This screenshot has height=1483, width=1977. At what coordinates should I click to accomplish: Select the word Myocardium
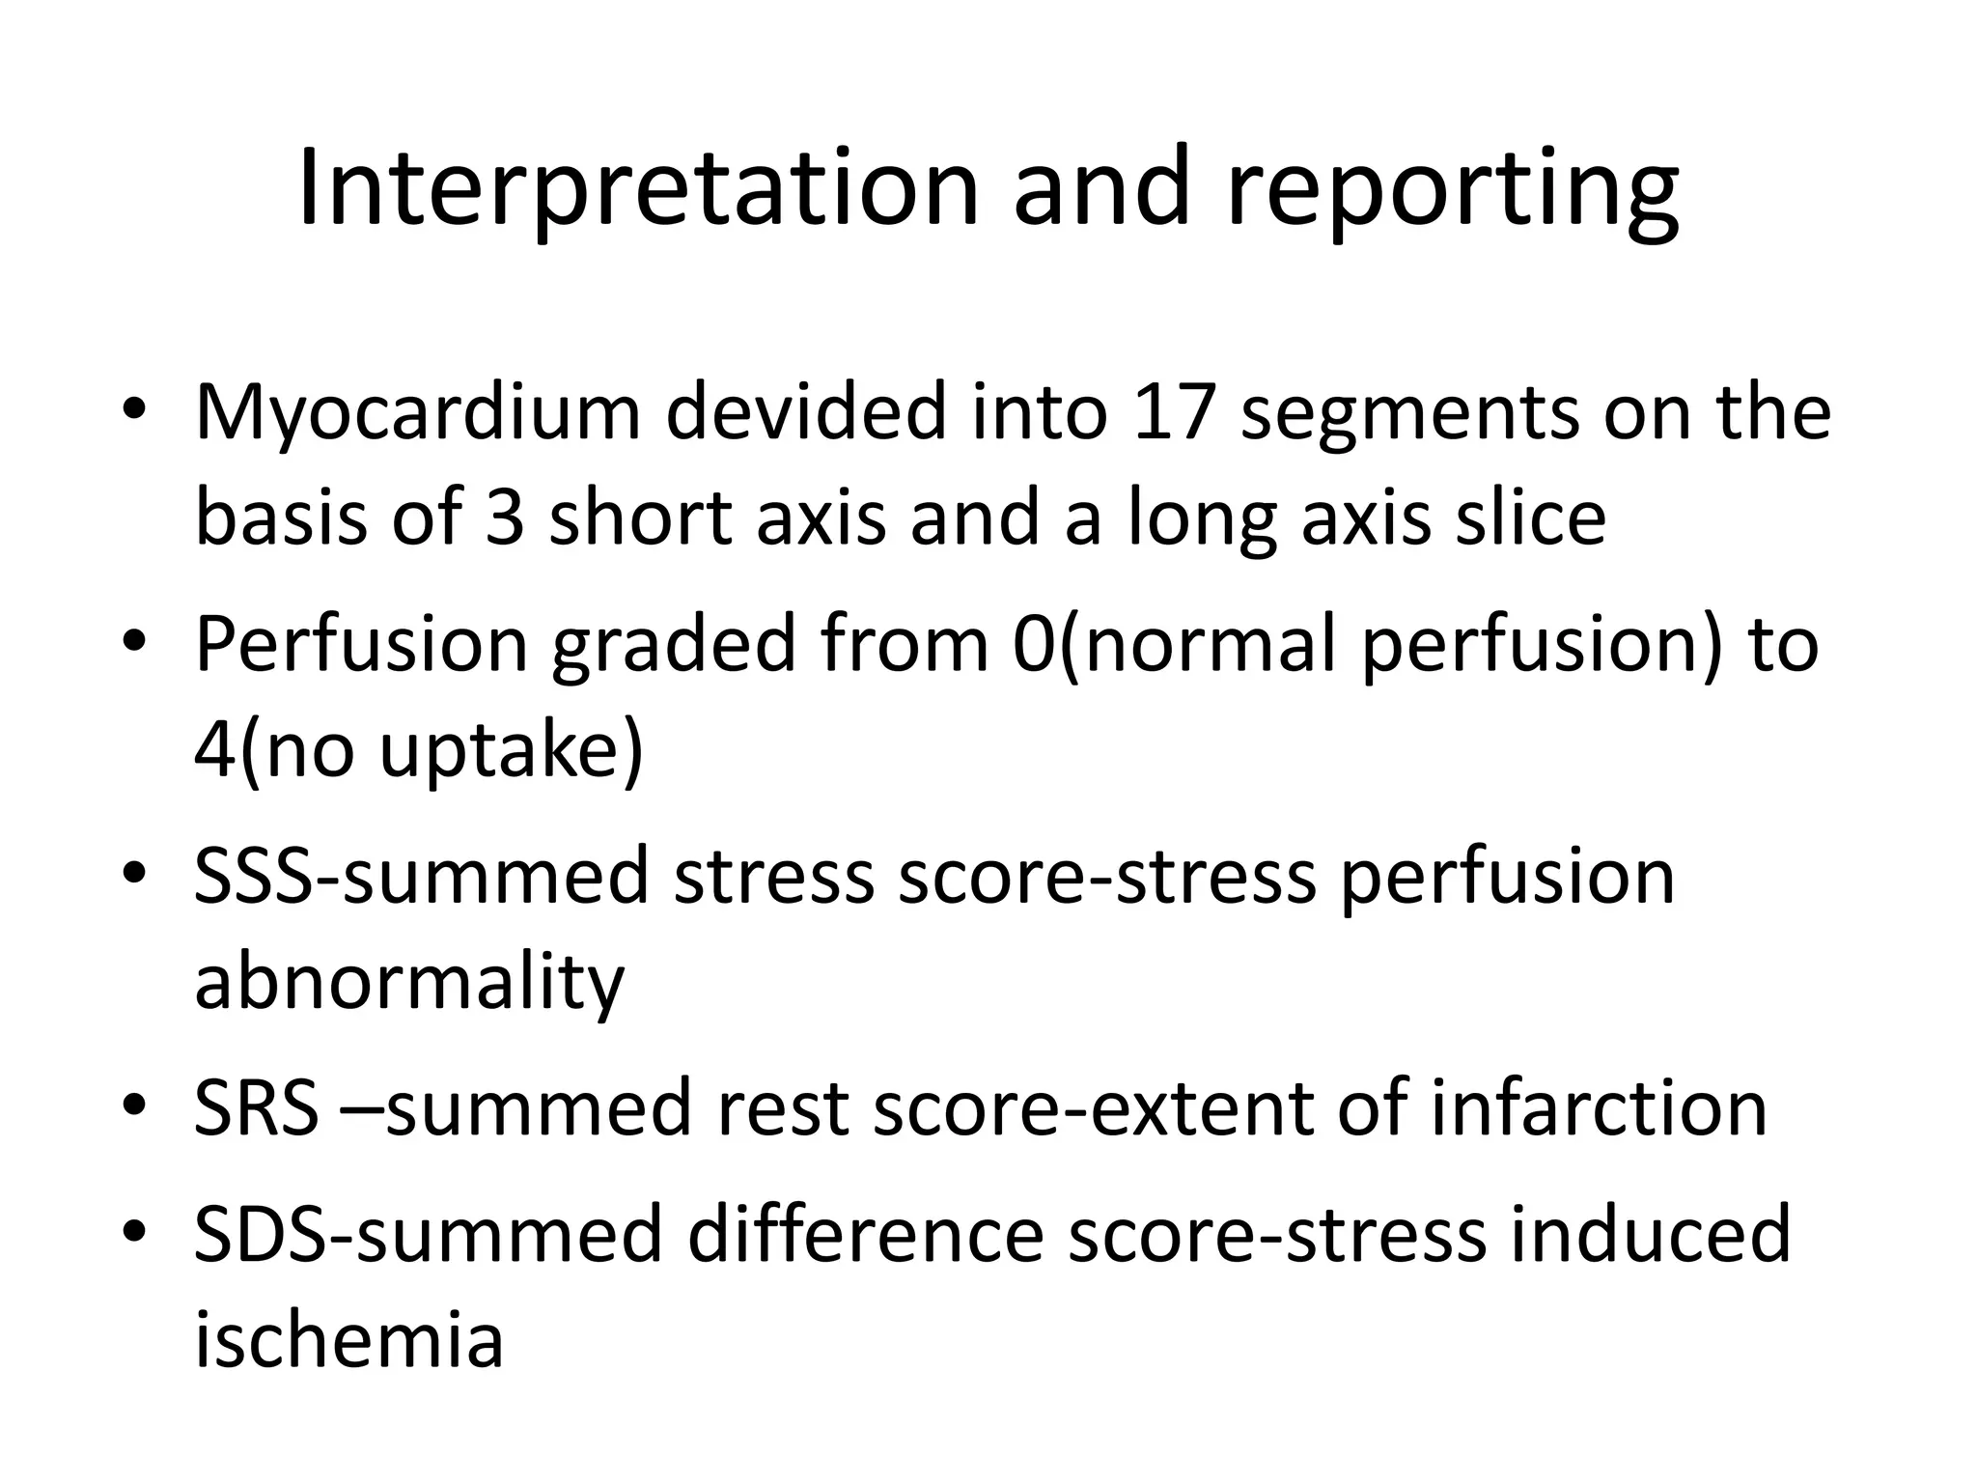pyautogui.click(x=417, y=413)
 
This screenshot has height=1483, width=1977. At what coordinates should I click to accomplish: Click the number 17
pyautogui.click(x=1172, y=413)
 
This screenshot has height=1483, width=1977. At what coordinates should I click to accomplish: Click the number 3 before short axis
pyautogui.click(x=505, y=518)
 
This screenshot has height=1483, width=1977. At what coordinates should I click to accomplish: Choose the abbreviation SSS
pyautogui.click(x=254, y=876)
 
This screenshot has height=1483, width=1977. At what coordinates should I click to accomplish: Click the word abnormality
pyautogui.click(x=409, y=983)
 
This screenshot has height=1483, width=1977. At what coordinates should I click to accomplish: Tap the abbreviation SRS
pyautogui.click(x=256, y=1108)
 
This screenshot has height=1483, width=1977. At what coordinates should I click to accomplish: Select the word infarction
pyautogui.click(x=1599, y=1108)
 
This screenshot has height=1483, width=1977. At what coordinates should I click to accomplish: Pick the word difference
pyautogui.click(x=865, y=1234)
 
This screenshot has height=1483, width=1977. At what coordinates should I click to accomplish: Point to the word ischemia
pyautogui.click(x=348, y=1340)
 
